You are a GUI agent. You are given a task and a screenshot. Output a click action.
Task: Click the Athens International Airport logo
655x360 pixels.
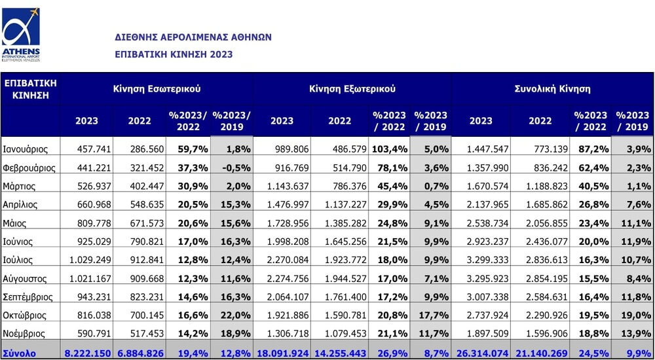tap(21, 35)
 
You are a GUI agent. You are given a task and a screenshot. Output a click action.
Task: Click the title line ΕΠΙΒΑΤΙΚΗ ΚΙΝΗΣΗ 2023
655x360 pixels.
tap(174, 55)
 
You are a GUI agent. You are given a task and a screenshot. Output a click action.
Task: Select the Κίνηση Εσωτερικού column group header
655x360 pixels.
tap(157, 89)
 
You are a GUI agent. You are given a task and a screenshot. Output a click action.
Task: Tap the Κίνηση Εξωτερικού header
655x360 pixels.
tap(352, 89)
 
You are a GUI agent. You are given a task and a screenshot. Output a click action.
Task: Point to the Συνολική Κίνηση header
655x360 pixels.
tap(553, 89)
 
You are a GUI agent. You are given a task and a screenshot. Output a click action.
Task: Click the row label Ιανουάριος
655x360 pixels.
tap(25, 149)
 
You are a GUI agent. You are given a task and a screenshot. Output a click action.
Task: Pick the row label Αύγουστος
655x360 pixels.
tap(25, 279)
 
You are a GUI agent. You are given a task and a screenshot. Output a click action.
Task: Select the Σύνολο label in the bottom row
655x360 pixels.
tap(19, 353)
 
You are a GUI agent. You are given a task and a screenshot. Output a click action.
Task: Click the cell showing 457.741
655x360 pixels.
tap(94, 149)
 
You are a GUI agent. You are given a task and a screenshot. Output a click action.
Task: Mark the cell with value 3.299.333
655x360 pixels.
tap(485, 261)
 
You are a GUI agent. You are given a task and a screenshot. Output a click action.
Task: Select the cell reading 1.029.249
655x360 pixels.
tap(90, 261)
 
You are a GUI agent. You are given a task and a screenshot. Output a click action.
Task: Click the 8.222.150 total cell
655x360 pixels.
tap(88, 353)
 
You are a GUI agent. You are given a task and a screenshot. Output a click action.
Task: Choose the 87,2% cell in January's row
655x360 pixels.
tap(591, 149)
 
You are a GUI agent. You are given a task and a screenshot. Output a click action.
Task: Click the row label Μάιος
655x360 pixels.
tap(14, 223)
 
